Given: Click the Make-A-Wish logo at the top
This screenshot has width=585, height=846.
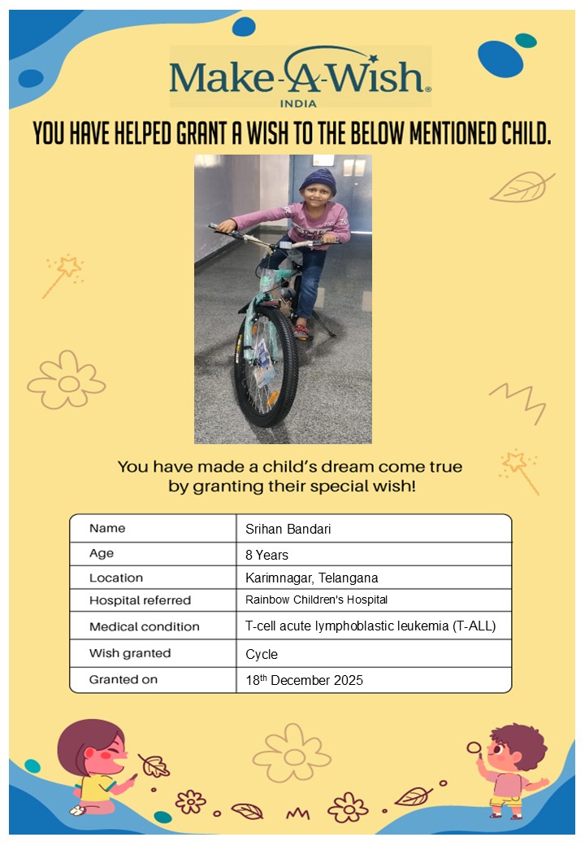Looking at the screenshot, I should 300,76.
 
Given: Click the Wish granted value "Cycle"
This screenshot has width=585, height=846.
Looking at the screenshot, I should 262,654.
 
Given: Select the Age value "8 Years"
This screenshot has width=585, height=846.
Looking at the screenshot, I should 266,555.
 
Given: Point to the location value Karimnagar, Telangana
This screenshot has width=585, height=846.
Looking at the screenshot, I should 311,578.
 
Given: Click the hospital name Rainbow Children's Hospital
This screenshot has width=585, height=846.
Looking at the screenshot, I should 316,600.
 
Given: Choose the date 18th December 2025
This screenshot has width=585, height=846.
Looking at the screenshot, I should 304,680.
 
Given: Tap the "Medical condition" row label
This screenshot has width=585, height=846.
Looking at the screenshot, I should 144,627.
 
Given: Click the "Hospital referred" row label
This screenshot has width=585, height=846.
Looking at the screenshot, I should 140,601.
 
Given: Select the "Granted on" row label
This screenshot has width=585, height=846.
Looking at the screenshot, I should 123,679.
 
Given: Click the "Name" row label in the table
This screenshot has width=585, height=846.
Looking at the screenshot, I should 107,529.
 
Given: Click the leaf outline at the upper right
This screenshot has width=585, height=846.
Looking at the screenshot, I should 522,187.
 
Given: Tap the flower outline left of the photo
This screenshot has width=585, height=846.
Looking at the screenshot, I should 67,379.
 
